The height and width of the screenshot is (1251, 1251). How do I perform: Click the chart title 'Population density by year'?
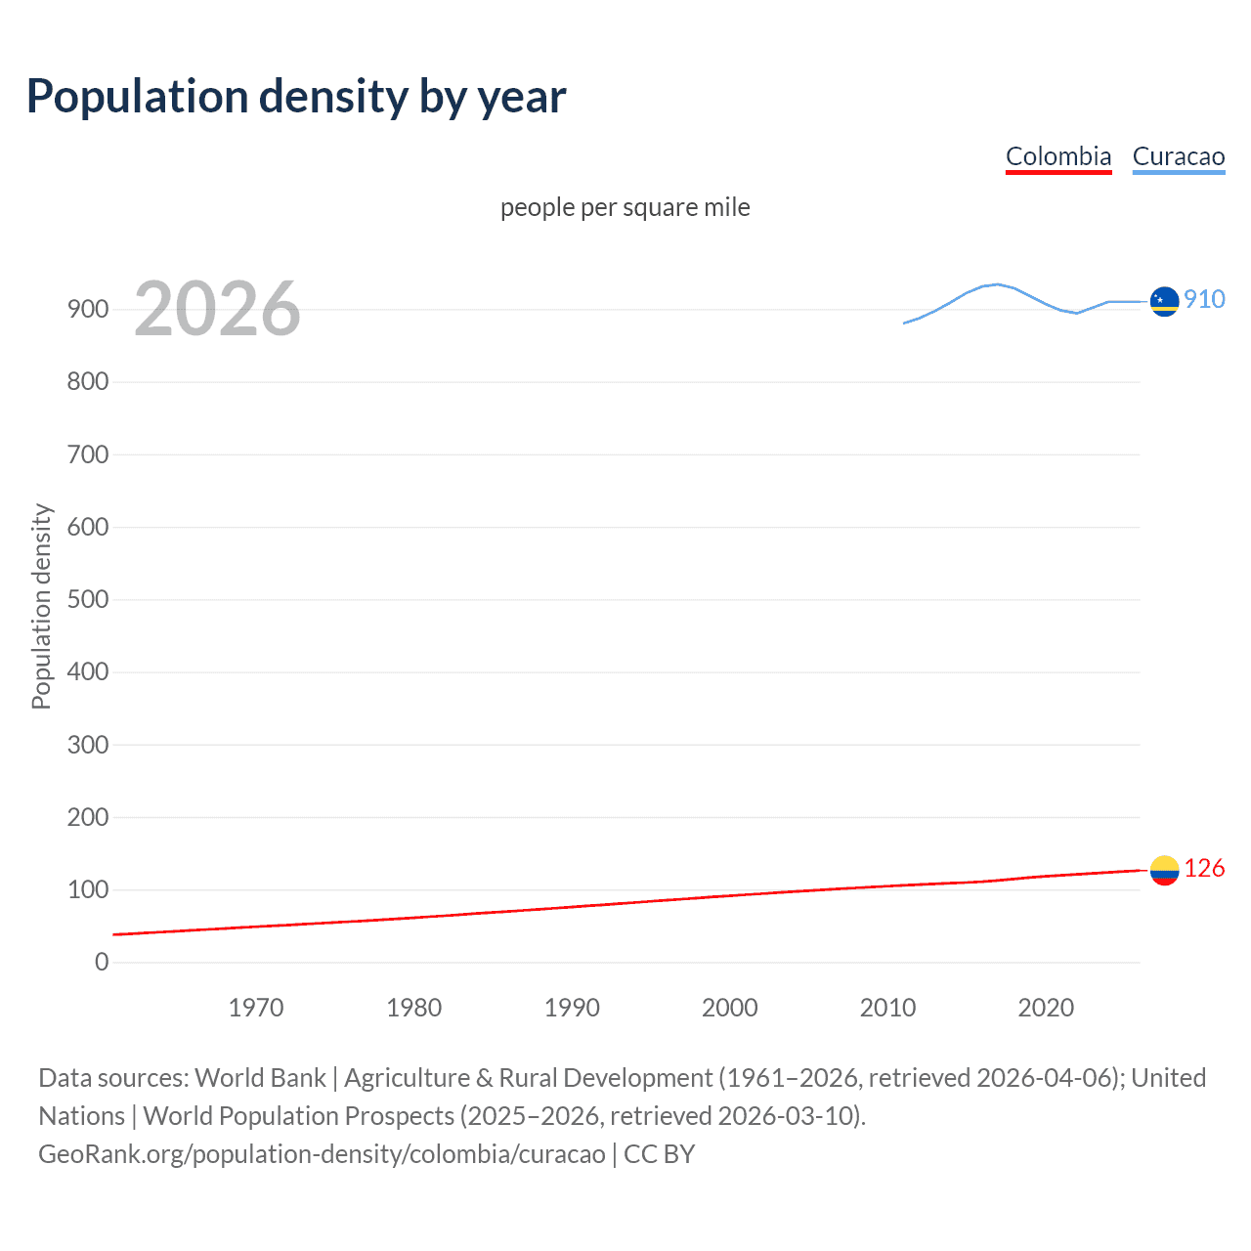point(296,97)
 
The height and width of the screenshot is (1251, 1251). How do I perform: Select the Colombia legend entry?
point(1058,156)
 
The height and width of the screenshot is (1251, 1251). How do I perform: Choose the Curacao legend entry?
point(1178,156)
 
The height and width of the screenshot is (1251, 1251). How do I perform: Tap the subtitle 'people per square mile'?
point(625,207)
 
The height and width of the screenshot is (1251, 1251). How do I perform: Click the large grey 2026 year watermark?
point(217,309)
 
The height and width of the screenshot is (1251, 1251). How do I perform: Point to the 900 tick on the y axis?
point(88,309)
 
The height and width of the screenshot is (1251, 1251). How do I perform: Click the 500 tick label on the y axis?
point(88,599)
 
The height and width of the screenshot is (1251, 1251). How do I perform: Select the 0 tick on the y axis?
point(102,962)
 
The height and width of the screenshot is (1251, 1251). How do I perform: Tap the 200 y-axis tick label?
point(88,817)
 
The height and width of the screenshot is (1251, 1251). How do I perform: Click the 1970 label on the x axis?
point(256,1008)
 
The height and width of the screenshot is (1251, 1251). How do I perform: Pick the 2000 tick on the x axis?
point(730,1008)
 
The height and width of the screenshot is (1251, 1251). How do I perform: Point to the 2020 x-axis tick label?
point(1046,1008)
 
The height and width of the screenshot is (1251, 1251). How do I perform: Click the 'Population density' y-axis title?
point(41,606)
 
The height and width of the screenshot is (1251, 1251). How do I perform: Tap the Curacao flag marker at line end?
point(1164,302)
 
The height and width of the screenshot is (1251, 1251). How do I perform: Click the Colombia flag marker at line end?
point(1164,870)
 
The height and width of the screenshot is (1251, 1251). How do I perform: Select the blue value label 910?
point(1204,299)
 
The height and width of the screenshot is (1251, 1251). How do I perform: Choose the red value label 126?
point(1204,868)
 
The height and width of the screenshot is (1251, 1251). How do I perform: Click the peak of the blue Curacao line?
point(996,284)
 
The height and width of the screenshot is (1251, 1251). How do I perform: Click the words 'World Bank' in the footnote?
point(260,1078)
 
